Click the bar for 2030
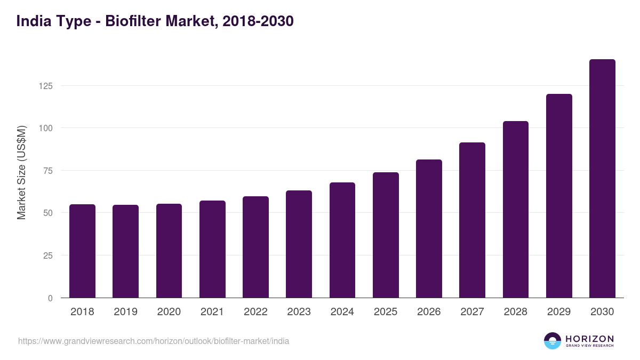point(602,179)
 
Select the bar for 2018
point(82,251)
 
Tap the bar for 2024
point(342,240)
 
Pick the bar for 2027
point(472,220)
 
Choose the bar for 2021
point(212,249)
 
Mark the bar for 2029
point(559,196)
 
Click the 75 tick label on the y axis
point(49,171)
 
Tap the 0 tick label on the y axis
point(51,298)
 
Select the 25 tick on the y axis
point(49,255)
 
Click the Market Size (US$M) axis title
point(22,172)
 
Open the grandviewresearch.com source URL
point(154,341)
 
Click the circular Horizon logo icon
point(552,341)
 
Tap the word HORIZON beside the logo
point(589,338)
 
